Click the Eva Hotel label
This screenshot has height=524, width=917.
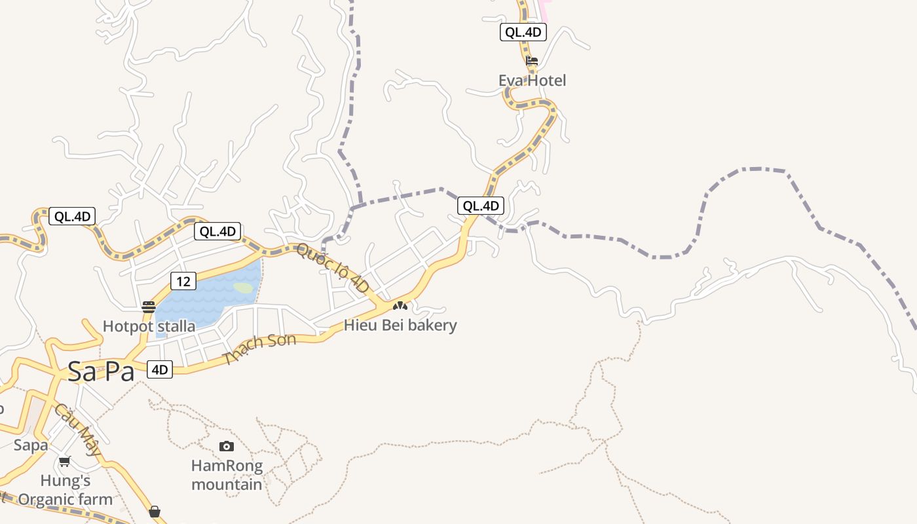[532, 81]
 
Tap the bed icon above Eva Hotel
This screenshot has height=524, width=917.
[532, 62]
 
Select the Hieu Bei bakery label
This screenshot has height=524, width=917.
[400, 325]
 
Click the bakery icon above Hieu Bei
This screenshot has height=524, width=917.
[400, 306]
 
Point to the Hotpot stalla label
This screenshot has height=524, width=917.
[149, 326]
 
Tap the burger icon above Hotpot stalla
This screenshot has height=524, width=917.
[149, 307]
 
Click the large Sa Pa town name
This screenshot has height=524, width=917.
[101, 372]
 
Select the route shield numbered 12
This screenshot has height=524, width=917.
[183, 282]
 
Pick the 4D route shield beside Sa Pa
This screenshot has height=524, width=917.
[159, 369]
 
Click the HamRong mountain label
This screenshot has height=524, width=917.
[227, 475]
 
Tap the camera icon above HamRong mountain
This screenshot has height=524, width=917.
[227, 447]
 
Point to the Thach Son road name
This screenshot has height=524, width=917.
[259, 348]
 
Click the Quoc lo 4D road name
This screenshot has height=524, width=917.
[332, 268]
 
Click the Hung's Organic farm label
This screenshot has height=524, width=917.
[65, 490]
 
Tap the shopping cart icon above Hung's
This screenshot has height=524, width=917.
[64, 462]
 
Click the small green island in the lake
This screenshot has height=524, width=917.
[243, 288]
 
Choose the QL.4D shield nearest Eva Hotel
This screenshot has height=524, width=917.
[523, 32]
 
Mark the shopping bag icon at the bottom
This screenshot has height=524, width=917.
[155, 512]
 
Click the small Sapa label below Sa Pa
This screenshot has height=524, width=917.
[31, 445]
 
